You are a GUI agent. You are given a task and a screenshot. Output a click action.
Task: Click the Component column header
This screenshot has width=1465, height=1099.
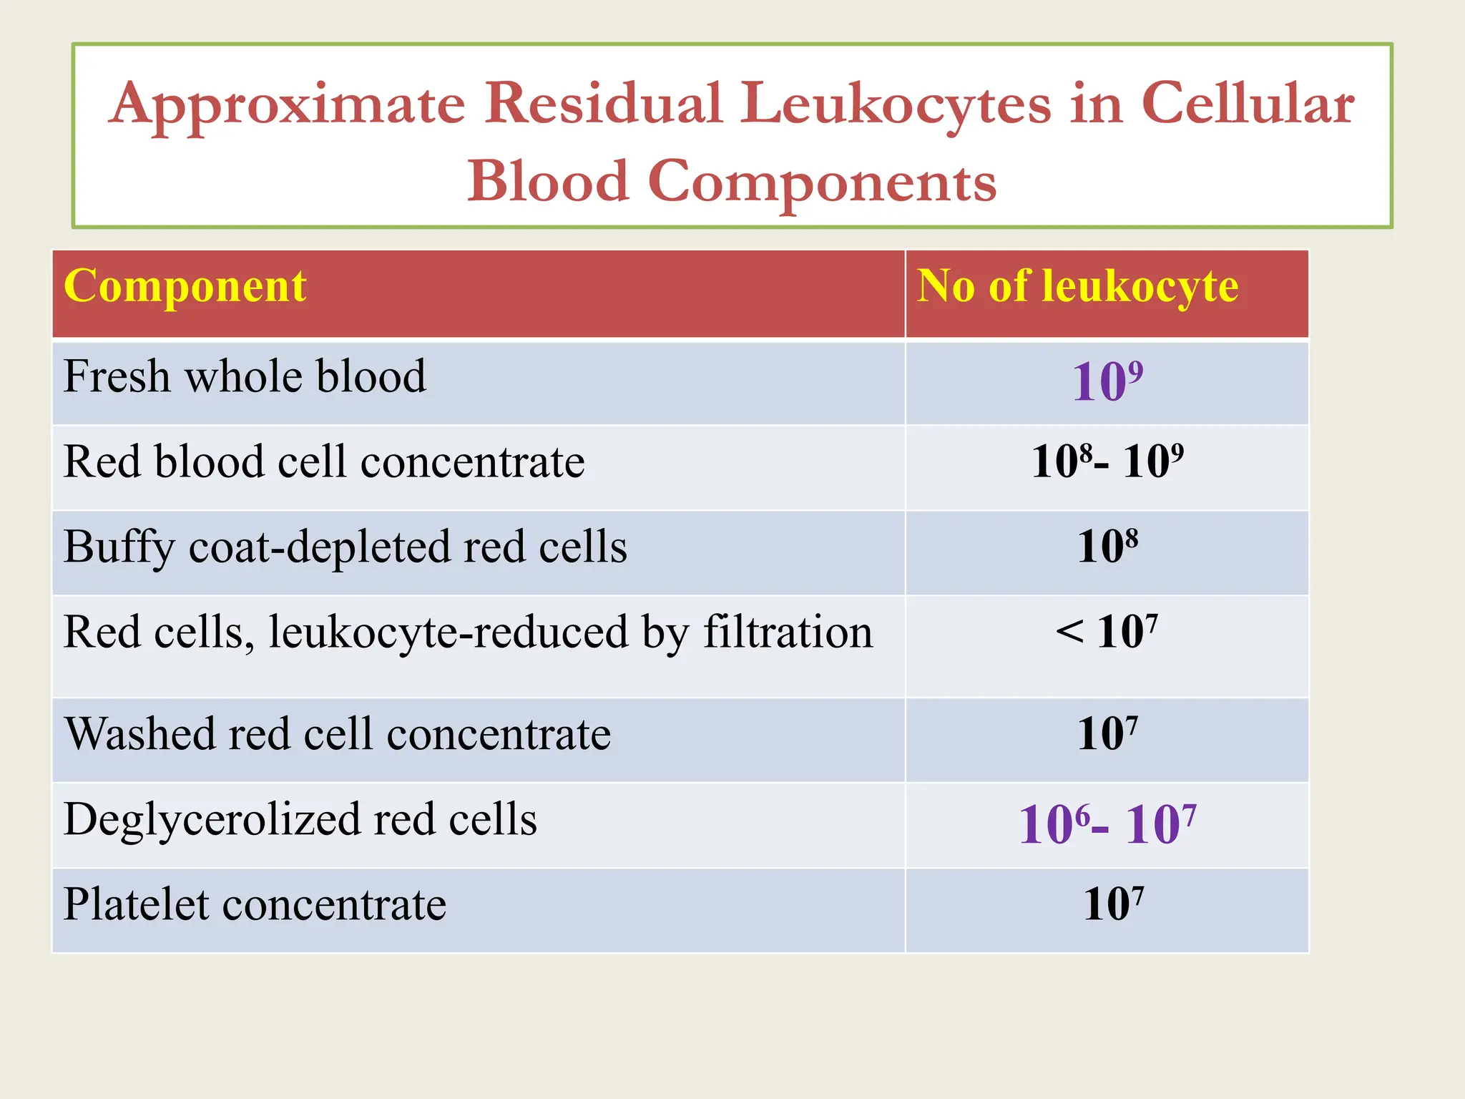click(185, 287)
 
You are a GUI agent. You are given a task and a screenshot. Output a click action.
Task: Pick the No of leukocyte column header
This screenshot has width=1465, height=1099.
click(1077, 287)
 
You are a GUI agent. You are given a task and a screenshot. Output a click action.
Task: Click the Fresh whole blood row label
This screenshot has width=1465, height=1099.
click(245, 377)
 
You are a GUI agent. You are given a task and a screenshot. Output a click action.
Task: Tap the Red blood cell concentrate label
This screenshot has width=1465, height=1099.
click(323, 462)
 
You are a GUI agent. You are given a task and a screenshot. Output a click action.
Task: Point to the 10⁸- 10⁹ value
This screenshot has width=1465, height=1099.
click(1107, 462)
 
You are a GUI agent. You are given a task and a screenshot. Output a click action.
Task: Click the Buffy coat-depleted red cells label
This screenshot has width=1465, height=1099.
click(345, 547)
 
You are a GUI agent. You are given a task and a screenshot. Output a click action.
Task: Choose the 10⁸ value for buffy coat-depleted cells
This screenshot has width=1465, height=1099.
click(1107, 547)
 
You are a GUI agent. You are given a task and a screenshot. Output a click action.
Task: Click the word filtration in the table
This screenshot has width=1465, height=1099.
click(788, 632)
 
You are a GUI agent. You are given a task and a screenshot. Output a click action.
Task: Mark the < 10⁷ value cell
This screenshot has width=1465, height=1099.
click(1107, 632)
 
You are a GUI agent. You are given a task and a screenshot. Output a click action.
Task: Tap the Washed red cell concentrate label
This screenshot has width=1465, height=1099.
click(338, 735)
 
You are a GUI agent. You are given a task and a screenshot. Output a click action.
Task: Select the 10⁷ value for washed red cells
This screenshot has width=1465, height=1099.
click(1107, 735)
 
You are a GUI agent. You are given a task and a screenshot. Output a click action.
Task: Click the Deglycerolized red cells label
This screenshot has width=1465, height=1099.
click(300, 820)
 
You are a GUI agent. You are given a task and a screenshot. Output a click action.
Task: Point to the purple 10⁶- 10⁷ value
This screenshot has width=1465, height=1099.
click(1107, 825)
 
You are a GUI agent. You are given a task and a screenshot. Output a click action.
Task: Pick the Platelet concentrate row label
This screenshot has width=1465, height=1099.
click(255, 905)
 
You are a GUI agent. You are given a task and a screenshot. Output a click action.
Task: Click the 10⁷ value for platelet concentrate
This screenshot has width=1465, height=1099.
click(1113, 905)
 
